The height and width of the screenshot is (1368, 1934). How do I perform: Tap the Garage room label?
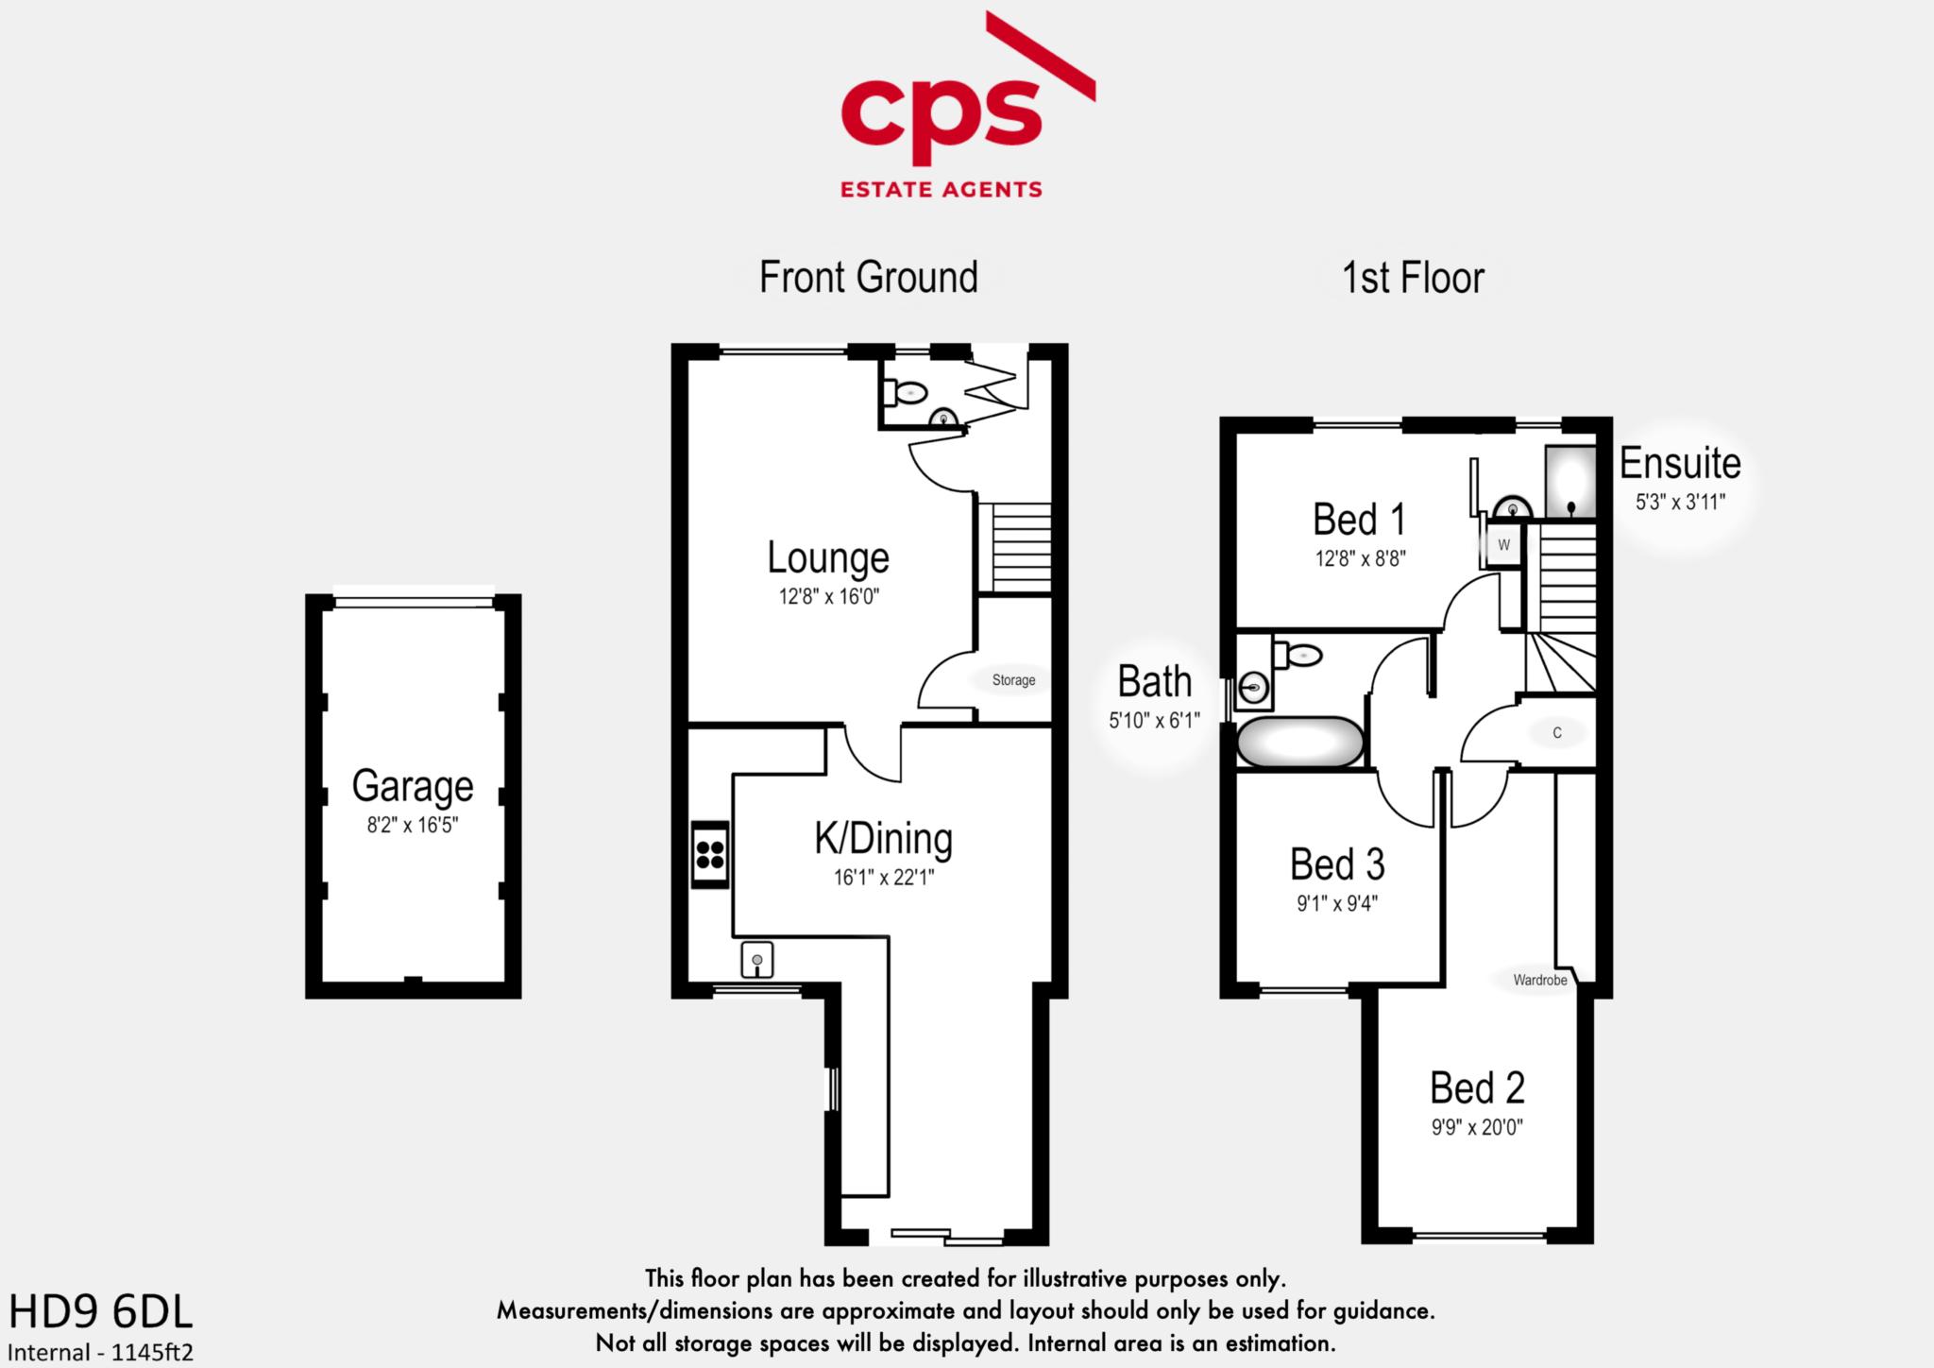point(413,786)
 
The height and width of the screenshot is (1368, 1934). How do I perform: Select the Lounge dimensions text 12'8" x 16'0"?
point(829,597)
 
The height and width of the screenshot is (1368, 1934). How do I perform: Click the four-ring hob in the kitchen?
point(710,853)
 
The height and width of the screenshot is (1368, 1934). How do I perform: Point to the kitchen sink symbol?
point(756,960)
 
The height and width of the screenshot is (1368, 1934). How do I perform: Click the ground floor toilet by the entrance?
point(907,391)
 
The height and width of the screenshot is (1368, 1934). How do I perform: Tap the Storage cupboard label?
point(1013,680)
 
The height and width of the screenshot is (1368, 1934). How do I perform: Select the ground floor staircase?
point(1014,548)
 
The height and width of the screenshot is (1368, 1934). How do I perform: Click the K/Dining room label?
point(883,839)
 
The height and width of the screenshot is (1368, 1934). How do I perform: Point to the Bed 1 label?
point(1359,520)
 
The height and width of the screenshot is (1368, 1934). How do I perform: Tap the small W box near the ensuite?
point(1504,545)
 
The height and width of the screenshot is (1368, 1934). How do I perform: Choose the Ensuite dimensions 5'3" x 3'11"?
point(1680,503)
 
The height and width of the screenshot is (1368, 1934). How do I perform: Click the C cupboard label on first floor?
point(1557,733)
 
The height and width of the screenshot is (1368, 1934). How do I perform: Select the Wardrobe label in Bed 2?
point(1539,981)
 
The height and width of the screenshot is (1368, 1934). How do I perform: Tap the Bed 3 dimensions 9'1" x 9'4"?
point(1336,904)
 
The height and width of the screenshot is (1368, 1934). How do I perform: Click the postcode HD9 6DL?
point(100,1312)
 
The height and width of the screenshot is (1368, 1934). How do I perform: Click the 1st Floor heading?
point(1413,278)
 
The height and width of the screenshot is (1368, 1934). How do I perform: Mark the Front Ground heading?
point(868,278)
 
